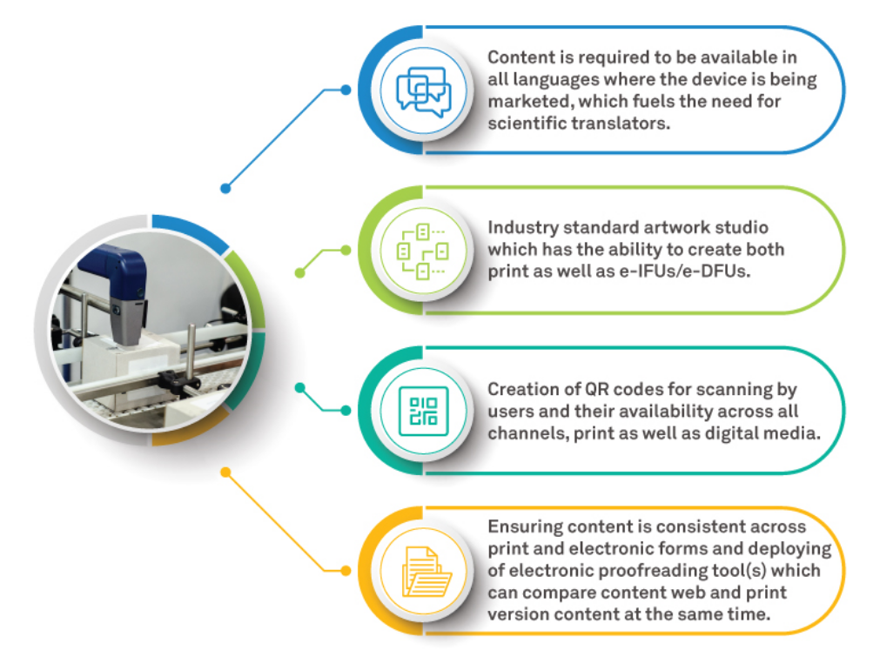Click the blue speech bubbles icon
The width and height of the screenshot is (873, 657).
tap(423, 91)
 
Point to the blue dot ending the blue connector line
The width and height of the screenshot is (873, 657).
tap(225, 187)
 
